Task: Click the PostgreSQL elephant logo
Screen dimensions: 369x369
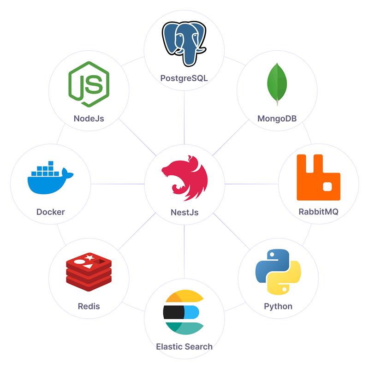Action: [184, 44]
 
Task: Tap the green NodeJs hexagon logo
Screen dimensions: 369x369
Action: [89, 84]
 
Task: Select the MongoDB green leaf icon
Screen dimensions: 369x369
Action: [277, 84]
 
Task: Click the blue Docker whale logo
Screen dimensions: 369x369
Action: [50, 178]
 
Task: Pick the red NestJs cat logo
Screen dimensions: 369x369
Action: [185, 178]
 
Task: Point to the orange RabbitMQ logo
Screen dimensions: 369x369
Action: [319, 178]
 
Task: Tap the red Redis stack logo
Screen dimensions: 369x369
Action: [89, 272]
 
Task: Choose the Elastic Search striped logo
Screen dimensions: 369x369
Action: [184, 312]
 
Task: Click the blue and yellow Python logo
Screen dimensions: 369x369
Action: [278, 272]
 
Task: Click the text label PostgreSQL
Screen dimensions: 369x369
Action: [184, 78]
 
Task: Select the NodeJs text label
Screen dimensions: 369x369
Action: [89, 119]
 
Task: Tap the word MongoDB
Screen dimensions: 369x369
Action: [277, 119]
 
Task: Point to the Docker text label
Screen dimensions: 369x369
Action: [51, 212]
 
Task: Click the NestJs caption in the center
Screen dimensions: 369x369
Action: [184, 212]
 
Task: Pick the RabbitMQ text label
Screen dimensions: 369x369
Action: [318, 212]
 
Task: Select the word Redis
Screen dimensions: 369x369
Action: [89, 306]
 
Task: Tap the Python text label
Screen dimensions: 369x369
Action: [278, 306]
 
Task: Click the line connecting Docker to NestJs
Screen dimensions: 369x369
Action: [118, 184]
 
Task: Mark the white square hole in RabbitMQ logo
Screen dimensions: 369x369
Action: [327, 187]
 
